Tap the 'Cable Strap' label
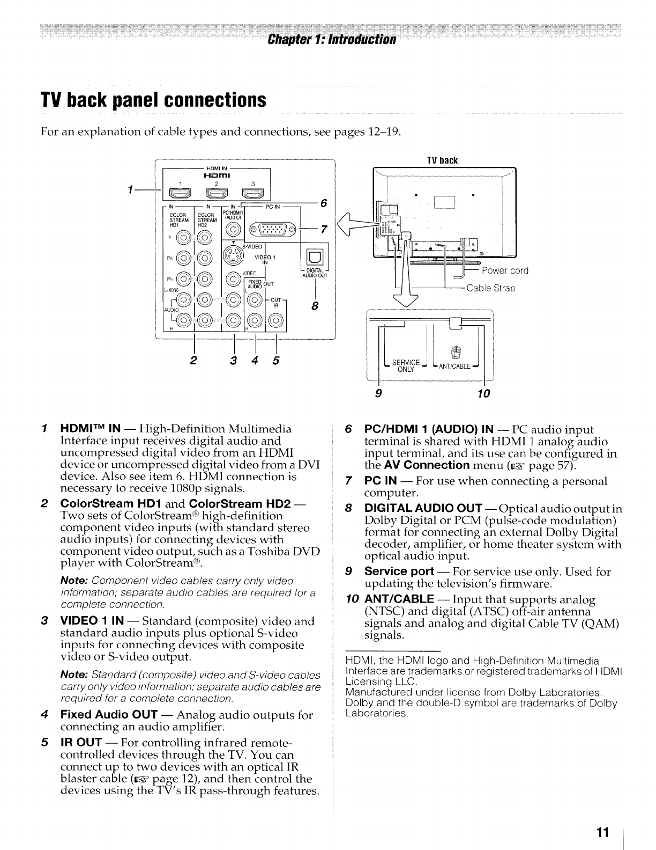[x=490, y=288]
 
